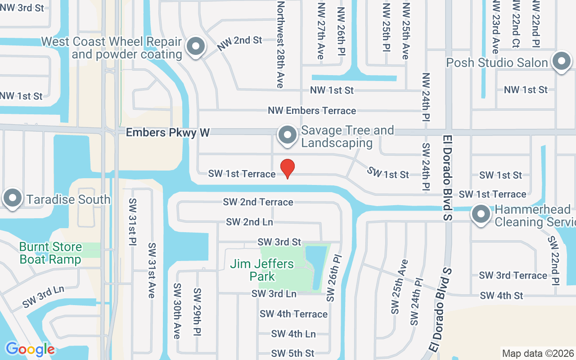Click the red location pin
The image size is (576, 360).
pyautogui.click(x=288, y=168)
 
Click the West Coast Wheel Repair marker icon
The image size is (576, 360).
pyautogui.click(x=196, y=46)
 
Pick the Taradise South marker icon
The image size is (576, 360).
pyautogui.click(x=13, y=198)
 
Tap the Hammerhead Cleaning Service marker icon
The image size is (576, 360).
pyautogui.click(x=481, y=215)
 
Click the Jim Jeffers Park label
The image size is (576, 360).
pyautogui.click(x=262, y=270)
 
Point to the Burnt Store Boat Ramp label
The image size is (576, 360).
pyautogui.click(x=50, y=253)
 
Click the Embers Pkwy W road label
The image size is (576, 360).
pyautogui.click(x=168, y=132)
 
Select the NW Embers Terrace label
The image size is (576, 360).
pyautogui.click(x=312, y=111)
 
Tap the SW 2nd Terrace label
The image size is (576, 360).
pyautogui.click(x=258, y=202)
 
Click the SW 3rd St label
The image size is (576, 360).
pyautogui.click(x=279, y=242)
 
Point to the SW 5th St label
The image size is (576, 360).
pyautogui.click(x=292, y=353)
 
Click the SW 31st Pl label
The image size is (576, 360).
pyautogui.click(x=133, y=223)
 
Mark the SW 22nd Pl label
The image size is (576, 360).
pyautogui.click(x=553, y=260)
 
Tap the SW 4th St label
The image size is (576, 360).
pyautogui.click(x=501, y=296)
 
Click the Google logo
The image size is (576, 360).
pyautogui.click(x=30, y=349)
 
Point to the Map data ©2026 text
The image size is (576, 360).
pyautogui.click(x=538, y=353)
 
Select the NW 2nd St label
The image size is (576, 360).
pyautogui.click(x=239, y=43)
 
